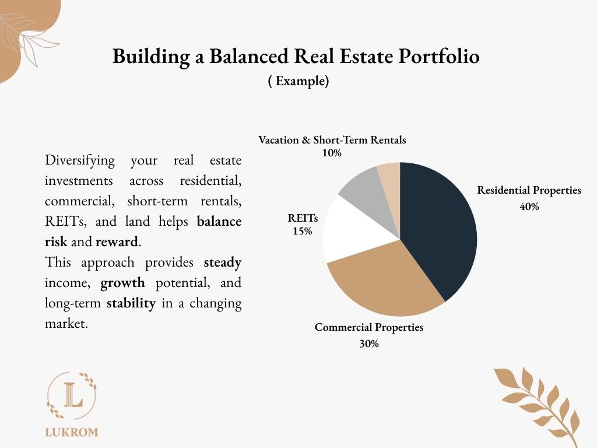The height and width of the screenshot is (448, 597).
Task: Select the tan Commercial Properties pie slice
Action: click(385, 282)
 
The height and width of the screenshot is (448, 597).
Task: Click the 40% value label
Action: click(529, 206)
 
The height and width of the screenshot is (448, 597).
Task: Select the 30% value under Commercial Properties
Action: click(369, 344)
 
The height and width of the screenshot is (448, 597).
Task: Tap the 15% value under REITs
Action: click(303, 231)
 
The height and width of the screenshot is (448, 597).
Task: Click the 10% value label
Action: click(332, 153)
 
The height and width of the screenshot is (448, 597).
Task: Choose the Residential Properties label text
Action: click(529, 190)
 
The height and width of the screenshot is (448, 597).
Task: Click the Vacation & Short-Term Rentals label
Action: click(332, 140)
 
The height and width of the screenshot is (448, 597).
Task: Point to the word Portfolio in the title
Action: click(439, 56)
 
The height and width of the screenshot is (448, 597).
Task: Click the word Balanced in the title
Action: click(248, 56)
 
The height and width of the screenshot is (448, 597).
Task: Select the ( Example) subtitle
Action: click(298, 80)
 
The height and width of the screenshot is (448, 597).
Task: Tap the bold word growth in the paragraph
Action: click(122, 283)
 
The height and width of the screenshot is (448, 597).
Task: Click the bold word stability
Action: click(131, 303)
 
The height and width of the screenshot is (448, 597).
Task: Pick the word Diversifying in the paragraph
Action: click(79, 160)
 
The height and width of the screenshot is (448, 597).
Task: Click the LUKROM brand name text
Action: click(72, 432)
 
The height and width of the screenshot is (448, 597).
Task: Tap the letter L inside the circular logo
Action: click(73, 395)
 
